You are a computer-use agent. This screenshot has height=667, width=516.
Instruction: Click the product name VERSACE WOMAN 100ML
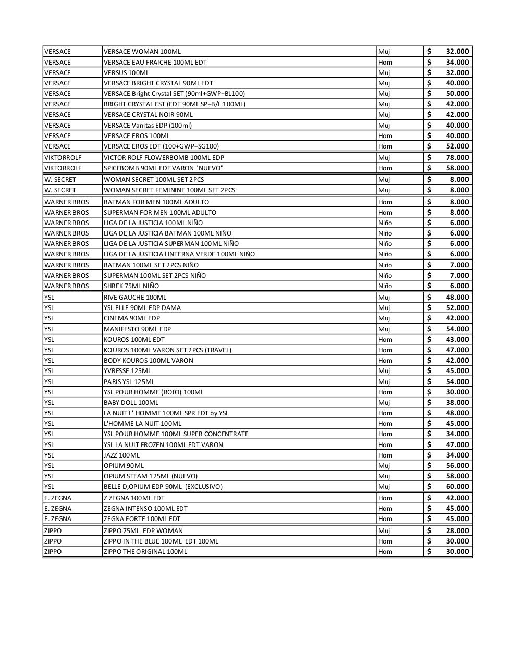[142, 52]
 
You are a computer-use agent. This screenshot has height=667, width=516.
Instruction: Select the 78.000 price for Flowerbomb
[457, 157]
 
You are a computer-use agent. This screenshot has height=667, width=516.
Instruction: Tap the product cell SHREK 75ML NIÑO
[131, 286]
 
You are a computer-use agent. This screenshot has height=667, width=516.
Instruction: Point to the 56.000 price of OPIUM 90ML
[457, 466]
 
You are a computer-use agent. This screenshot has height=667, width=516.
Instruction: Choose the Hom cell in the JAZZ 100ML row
[385, 455]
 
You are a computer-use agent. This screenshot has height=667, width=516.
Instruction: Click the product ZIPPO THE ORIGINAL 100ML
[145, 552]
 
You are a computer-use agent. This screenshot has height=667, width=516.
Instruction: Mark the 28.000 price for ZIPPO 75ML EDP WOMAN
[457, 531]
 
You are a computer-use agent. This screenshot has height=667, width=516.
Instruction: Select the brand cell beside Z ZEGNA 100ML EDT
[58, 498]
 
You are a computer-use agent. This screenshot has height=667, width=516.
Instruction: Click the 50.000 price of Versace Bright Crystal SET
[457, 94]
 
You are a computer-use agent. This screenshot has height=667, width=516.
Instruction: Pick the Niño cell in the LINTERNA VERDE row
[385, 254]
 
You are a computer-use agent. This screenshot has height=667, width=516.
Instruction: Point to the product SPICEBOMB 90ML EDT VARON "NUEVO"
[163, 168]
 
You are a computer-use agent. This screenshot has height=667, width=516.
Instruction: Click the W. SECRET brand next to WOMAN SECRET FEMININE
[60, 190]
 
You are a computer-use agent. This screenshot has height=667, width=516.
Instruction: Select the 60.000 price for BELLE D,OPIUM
[457, 487]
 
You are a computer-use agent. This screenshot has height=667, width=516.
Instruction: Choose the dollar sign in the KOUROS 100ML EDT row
[429, 339]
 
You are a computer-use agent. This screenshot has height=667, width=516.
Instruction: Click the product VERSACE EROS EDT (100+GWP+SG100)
[161, 146]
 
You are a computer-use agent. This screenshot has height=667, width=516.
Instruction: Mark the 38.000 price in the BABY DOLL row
[457, 403]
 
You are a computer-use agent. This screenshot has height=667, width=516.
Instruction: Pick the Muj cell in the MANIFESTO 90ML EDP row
[384, 329]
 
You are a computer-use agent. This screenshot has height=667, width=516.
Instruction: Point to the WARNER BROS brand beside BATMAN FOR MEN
[66, 202]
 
